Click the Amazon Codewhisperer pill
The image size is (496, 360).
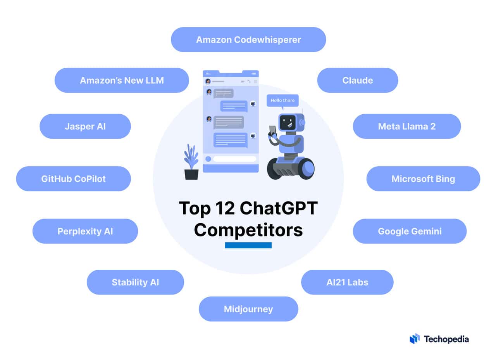(248, 40)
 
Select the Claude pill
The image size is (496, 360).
(357, 80)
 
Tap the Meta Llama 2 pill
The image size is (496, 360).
(407, 126)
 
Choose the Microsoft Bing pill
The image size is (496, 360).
(423, 179)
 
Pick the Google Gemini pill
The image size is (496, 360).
(410, 231)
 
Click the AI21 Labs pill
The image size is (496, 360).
(347, 282)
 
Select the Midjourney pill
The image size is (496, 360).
(248, 309)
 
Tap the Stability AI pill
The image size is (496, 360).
(135, 282)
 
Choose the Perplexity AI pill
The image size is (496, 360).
(85, 231)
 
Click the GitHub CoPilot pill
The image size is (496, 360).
(73, 179)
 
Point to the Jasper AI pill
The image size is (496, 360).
(85, 126)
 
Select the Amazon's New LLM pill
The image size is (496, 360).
(122, 80)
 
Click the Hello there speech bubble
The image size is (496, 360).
(282, 101)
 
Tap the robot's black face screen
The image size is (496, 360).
(288, 122)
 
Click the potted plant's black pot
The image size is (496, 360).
(191, 174)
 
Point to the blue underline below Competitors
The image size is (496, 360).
(248, 245)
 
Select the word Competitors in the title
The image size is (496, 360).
(248, 230)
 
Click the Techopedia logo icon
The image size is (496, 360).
(415, 339)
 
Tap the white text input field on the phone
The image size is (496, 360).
(235, 159)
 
